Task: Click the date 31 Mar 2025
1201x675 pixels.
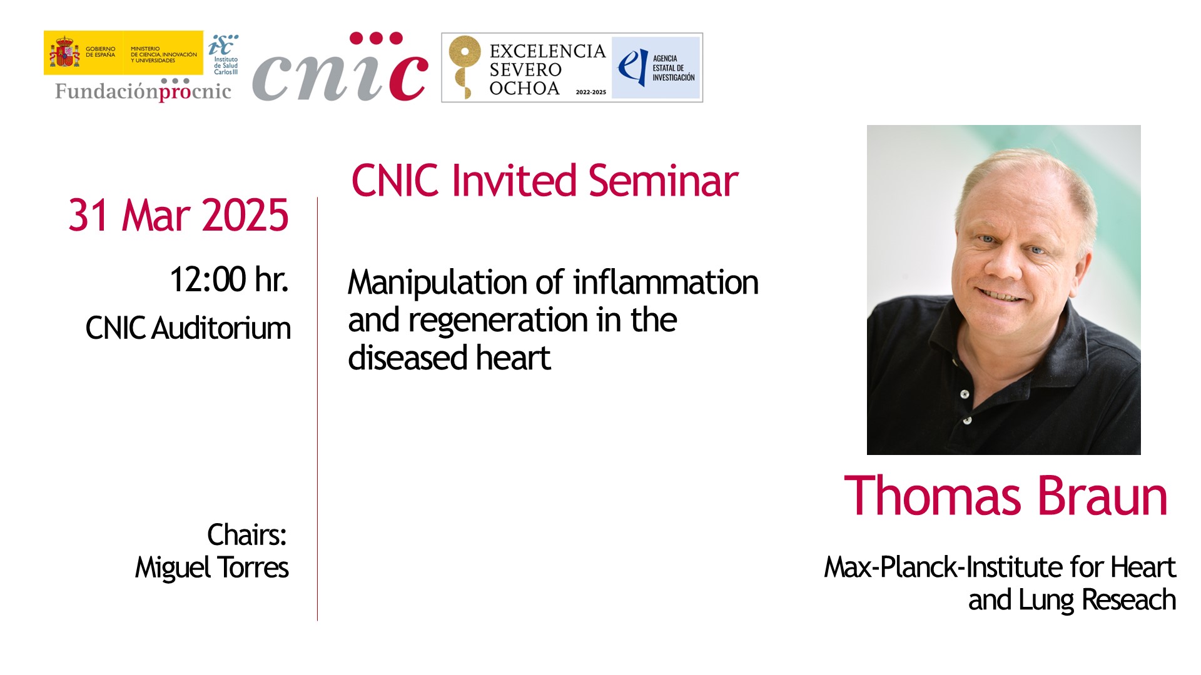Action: (x=178, y=216)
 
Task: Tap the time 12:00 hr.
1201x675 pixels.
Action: (x=229, y=279)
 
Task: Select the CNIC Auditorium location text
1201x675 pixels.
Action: (x=188, y=328)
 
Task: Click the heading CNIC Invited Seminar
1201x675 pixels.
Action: (x=544, y=181)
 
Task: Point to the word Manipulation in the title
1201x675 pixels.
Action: (x=437, y=283)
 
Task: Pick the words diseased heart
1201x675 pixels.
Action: (x=449, y=358)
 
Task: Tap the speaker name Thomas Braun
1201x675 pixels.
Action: (x=1006, y=496)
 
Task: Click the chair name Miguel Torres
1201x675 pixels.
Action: (x=212, y=567)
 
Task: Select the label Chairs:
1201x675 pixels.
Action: (x=247, y=535)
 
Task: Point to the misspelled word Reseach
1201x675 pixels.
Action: (x=1128, y=599)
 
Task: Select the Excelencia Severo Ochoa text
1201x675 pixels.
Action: (x=547, y=69)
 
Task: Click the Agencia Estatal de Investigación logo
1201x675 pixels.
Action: (x=656, y=67)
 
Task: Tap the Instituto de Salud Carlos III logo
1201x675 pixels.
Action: (x=223, y=54)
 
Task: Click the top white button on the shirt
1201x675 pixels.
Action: (x=965, y=394)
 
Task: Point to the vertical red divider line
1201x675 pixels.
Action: (x=317, y=409)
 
